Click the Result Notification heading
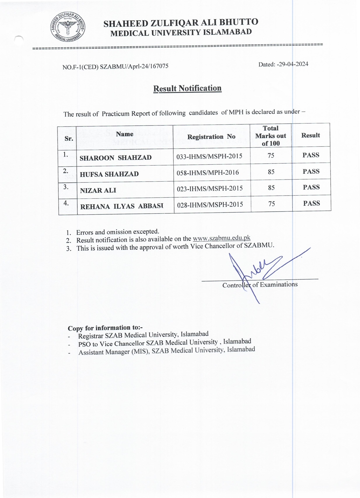[x=187, y=88]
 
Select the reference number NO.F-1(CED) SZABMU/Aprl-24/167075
[x=115, y=67]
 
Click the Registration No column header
[x=211, y=137]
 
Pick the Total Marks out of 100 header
[x=271, y=135]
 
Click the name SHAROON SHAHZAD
[x=116, y=158]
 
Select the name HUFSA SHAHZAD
[x=109, y=174]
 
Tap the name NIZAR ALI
[x=98, y=190]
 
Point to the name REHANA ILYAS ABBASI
[x=121, y=206]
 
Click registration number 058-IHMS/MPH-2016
[x=208, y=173]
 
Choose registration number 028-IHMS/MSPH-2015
[x=210, y=204]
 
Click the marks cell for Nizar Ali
[x=271, y=188]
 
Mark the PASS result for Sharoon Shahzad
[x=311, y=155]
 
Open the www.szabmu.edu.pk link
[x=221, y=238]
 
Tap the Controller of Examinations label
[x=260, y=285]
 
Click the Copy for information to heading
[x=105, y=328]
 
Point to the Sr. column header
[x=69, y=138]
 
